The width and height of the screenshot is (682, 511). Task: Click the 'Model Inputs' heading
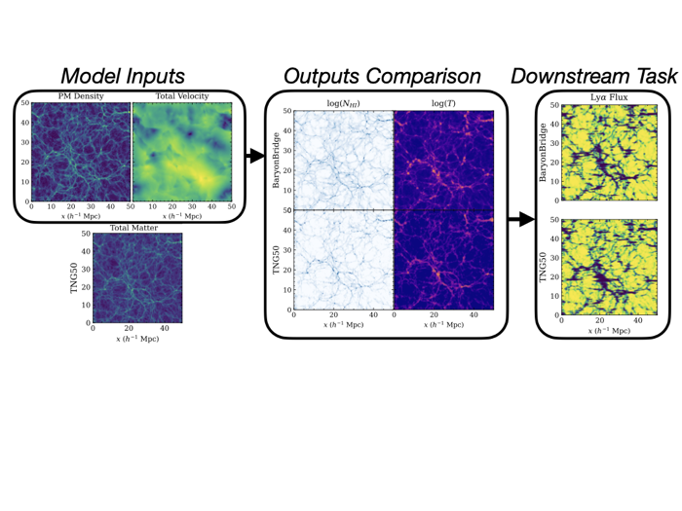(x=123, y=76)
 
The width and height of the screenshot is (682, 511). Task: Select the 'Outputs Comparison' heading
(x=382, y=76)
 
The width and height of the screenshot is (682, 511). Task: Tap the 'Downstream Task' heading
(x=594, y=76)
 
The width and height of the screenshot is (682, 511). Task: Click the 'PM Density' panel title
(x=81, y=96)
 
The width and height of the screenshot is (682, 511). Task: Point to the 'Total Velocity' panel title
(x=182, y=96)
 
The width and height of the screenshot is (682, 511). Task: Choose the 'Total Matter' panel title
(x=133, y=228)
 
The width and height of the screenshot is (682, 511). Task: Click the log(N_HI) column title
(x=344, y=103)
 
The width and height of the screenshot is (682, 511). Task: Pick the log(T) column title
(x=443, y=103)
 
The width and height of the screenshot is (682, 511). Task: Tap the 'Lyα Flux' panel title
(x=609, y=97)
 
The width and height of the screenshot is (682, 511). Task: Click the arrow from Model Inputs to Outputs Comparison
(x=255, y=156)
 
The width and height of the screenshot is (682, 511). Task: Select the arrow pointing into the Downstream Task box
(x=521, y=219)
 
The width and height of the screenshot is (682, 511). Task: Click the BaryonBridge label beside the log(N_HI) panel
(x=276, y=161)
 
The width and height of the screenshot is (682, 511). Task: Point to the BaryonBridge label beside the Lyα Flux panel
(x=543, y=153)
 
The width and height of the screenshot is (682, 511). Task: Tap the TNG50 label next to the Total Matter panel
(x=74, y=278)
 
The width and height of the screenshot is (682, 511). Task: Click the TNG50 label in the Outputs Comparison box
(x=276, y=260)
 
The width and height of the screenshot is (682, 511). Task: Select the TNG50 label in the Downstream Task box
(x=543, y=268)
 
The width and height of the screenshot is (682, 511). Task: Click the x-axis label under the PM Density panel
(x=81, y=216)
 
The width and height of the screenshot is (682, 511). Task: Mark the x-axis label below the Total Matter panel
(x=137, y=339)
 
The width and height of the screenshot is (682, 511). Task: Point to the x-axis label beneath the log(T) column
(x=443, y=324)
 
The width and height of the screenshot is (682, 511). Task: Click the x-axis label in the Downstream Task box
(x=609, y=331)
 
